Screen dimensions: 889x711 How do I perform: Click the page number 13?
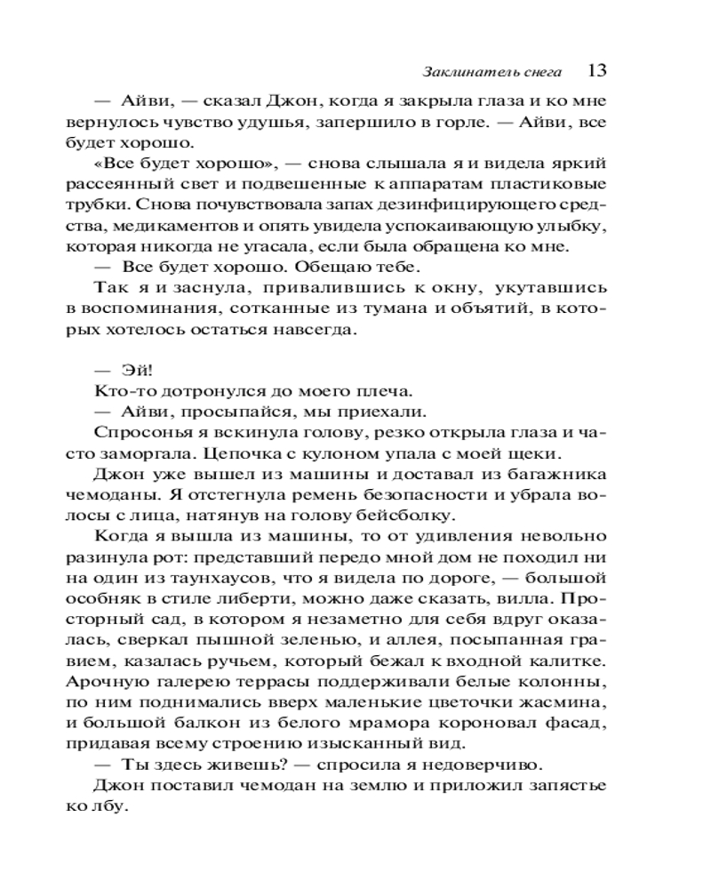click(597, 71)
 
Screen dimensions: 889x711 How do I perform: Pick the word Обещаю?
click(345, 267)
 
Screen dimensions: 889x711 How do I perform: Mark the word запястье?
click(562, 784)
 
